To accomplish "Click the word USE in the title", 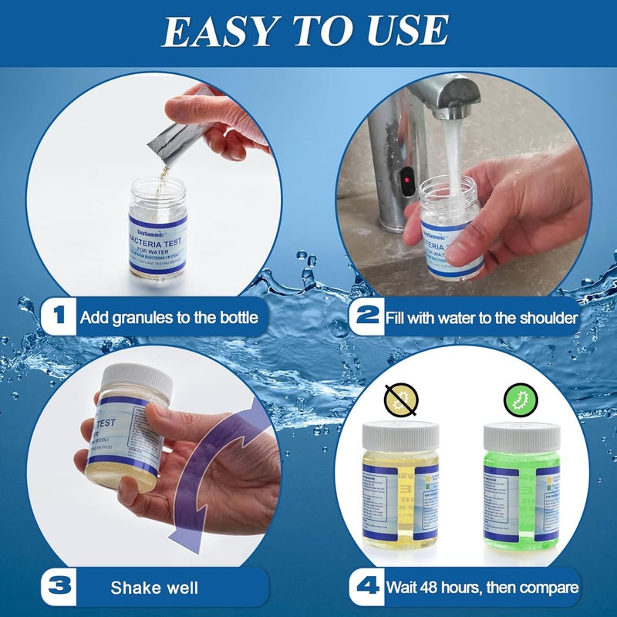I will click(x=406, y=31).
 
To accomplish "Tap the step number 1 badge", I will click(x=59, y=316).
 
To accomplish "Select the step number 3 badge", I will click(x=59, y=588).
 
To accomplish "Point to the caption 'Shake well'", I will click(x=154, y=588).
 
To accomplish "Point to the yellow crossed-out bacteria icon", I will click(x=400, y=401).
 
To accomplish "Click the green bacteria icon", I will click(x=518, y=401).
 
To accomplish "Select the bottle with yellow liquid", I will click(x=400, y=486).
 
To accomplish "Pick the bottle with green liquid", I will click(x=521, y=486).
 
